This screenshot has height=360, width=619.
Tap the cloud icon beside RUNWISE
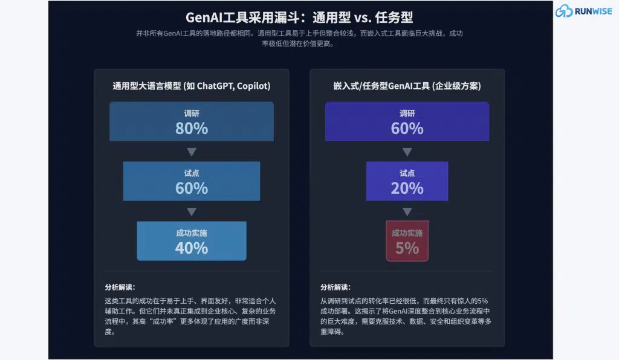(x=563, y=11)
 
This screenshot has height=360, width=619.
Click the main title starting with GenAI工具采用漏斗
(x=300, y=17)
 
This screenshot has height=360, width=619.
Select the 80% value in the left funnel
(x=192, y=128)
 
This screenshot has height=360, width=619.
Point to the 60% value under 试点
(x=192, y=188)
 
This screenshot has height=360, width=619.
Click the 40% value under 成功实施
(x=192, y=248)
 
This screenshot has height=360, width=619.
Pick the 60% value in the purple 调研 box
(x=407, y=128)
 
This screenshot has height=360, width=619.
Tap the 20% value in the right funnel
(x=407, y=188)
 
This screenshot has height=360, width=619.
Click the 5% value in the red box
(x=407, y=248)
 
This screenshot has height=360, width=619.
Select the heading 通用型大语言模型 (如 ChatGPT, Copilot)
(x=192, y=86)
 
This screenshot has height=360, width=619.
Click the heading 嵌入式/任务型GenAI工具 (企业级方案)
(x=407, y=86)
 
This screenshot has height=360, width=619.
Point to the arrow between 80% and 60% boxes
(x=192, y=152)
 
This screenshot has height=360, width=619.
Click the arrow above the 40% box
(x=192, y=211)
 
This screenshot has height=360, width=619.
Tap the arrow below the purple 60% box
(x=407, y=152)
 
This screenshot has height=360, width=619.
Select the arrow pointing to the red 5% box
(x=407, y=211)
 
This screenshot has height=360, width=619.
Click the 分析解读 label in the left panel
(x=120, y=287)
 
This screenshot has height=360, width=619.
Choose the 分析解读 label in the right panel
(x=335, y=287)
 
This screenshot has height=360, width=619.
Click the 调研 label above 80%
(x=192, y=114)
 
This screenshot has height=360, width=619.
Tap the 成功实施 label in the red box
(x=407, y=233)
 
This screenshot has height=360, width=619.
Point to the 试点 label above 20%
(x=407, y=173)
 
